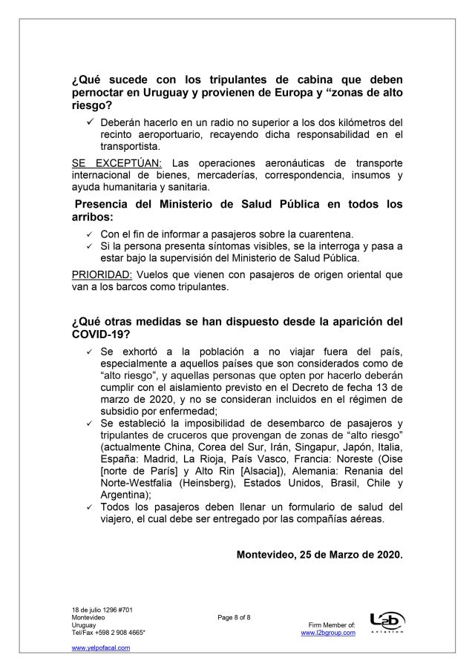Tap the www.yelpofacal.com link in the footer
[x=101, y=648]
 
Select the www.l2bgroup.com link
[x=328, y=633]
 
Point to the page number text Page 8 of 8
[x=235, y=617]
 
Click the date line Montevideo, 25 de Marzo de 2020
[x=320, y=554]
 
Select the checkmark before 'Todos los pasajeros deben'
[x=90, y=507]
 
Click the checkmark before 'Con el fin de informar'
[x=90, y=234]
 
